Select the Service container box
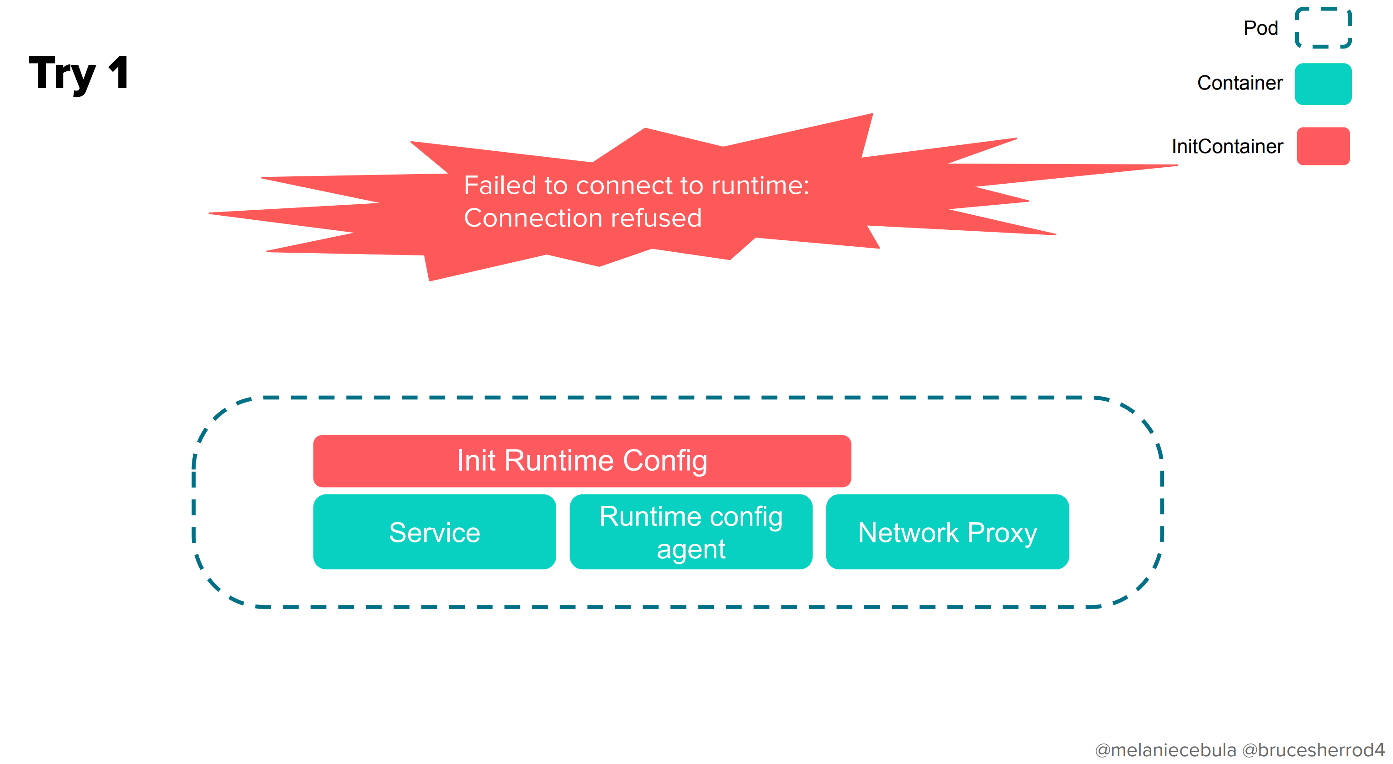(434, 532)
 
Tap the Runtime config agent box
(691, 532)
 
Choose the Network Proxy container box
(947, 532)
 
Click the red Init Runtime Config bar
(582, 461)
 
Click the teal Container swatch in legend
(1323, 84)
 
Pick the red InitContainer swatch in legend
(1323, 146)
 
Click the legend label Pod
(1260, 28)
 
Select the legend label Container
(1239, 83)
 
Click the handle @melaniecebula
(1165, 750)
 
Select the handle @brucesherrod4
(1313, 750)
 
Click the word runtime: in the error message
(760, 186)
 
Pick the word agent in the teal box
(691, 550)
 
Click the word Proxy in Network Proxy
(1002, 533)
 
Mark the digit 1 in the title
(118, 73)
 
